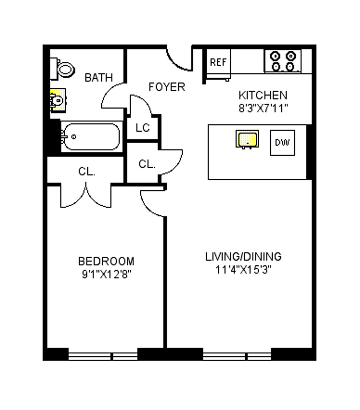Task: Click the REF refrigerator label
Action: pos(218,62)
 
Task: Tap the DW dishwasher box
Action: pos(283,143)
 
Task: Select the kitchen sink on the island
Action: pos(247,140)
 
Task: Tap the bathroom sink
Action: pos(58,100)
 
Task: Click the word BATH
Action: pos(99,77)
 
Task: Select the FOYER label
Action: pos(167,87)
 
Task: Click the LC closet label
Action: pos(143,128)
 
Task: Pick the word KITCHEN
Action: pos(263,95)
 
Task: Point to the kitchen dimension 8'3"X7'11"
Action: pos(263,108)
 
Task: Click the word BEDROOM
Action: pos(106,261)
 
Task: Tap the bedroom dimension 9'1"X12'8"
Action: pos(107,274)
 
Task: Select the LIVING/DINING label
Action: pos(244,257)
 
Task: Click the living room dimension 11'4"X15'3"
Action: pos(244,269)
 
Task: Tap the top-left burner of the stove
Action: pos(275,56)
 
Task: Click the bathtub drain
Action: pos(74,137)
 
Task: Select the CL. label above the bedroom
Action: pos(87,171)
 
